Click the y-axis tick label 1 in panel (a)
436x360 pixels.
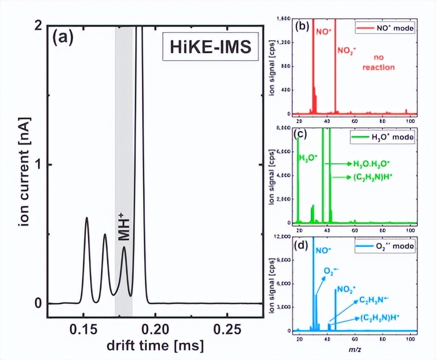pos(38,165)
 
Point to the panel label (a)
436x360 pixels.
pos(64,38)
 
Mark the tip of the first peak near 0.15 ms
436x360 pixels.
pos(87,218)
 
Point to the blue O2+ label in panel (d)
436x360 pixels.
pos(331,271)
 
